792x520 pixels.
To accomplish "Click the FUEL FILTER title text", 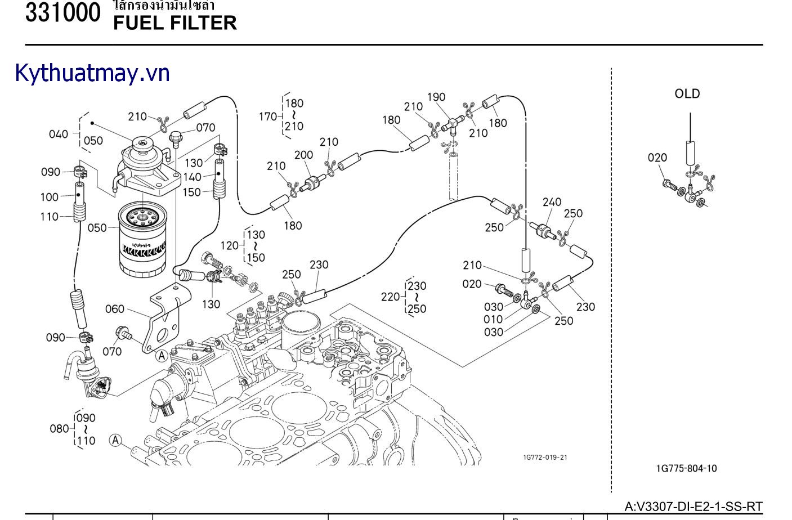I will point(174,23).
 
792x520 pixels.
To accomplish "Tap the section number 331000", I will point(62,13).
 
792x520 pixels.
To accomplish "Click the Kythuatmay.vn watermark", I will point(92,73).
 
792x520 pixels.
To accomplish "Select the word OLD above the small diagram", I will point(687,94).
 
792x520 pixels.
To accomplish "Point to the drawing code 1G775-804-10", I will point(686,468).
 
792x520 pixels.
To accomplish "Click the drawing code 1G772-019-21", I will point(545,457).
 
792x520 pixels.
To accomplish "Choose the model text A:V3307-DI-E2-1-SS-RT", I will point(693,506).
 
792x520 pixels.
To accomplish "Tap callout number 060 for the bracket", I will point(115,308).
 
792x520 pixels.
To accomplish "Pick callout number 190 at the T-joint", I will point(436,97).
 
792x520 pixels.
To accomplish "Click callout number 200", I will point(304,155).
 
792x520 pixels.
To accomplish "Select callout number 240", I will point(552,202).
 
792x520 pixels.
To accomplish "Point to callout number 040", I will point(59,134).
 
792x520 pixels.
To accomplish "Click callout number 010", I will point(493,319).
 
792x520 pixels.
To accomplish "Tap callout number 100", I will point(50,197).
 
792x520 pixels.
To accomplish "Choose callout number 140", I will point(192,177).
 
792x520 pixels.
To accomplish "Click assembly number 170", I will point(267,116).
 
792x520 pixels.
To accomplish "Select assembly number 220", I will point(390,297).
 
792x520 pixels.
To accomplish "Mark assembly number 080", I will point(59,429).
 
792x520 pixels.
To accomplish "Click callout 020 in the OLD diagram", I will point(657,158).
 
